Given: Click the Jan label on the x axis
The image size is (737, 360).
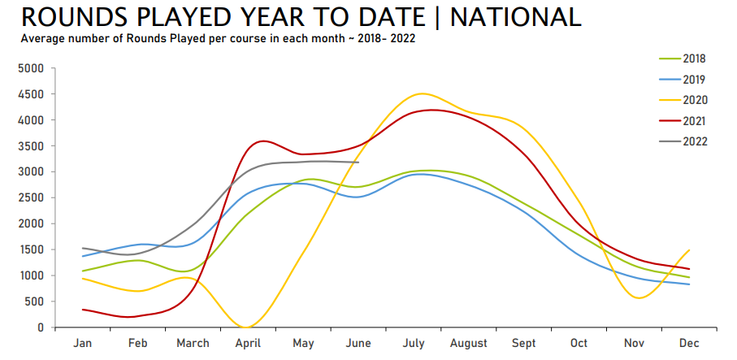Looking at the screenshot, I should (83, 344).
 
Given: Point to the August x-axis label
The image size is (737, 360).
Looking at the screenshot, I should (470, 344).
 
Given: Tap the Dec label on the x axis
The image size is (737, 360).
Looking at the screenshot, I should (690, 344).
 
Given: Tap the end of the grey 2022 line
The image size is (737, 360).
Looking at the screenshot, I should (358, 163).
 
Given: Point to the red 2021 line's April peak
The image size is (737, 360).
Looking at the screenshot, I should (262, 141).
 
